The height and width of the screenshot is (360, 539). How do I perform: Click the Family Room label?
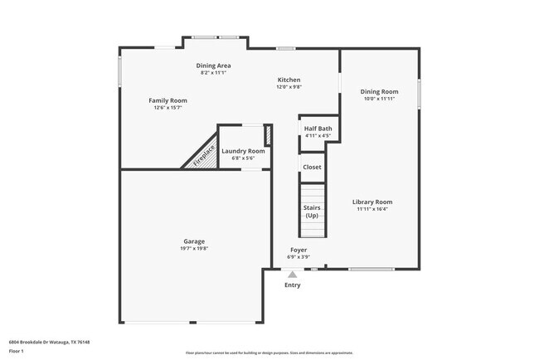pos(168,100)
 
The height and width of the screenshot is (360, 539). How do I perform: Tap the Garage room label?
pos(194,241)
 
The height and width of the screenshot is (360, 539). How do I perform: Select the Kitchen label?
pos(289,80)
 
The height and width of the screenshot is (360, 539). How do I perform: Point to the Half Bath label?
pos(318,129)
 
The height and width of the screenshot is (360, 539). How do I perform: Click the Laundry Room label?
pos(244,151)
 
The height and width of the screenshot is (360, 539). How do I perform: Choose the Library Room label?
pos(371,202)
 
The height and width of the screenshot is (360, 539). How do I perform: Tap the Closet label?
pos(312,167)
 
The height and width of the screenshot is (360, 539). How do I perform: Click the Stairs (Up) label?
pos(312,212)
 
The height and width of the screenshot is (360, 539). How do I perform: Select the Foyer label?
pos(299,250)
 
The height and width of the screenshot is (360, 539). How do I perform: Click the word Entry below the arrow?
pos(293,285)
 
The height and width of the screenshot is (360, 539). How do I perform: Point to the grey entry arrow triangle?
pos(293,274)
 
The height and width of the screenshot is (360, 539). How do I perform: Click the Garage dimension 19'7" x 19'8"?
pos(194,249)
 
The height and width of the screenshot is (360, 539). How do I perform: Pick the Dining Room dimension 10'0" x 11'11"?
pos(379,99)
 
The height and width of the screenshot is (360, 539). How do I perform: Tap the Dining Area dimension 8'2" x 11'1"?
pos(213,72)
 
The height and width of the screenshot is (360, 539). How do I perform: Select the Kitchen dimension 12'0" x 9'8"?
pos(289,86)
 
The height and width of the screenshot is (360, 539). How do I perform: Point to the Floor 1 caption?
pos(17,351)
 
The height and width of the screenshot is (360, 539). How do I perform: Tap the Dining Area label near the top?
pos(213,65)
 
